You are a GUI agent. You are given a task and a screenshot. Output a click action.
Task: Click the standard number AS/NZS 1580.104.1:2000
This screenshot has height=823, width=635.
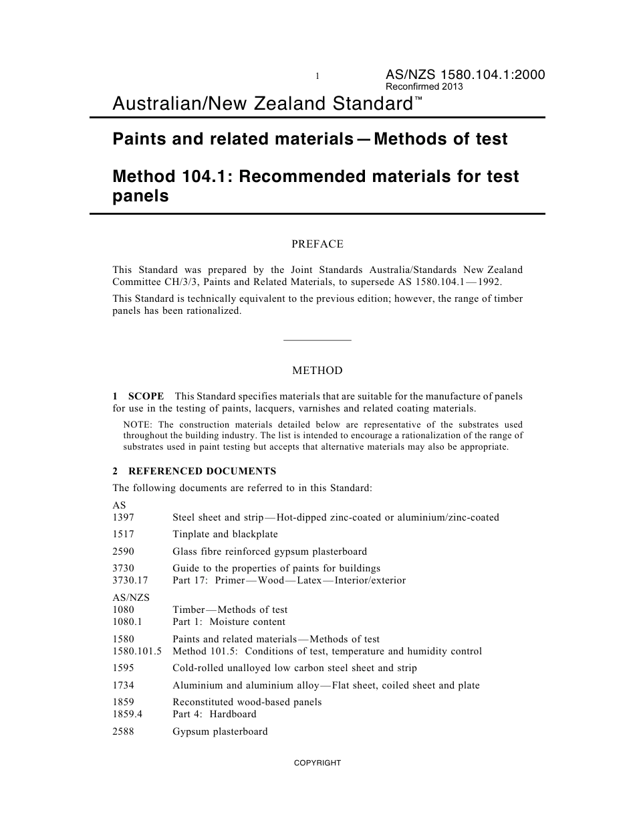click(465, 75)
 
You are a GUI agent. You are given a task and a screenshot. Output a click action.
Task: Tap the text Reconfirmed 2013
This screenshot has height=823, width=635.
click(424, 87)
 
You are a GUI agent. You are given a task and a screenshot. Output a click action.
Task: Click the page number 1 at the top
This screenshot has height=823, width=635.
click(317, 77)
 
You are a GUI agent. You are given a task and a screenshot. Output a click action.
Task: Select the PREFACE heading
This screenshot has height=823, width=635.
click(317, 244)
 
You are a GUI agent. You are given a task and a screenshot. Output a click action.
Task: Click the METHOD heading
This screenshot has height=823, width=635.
click(317, 371)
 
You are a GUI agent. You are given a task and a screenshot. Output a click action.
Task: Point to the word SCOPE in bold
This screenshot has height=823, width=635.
click(146, 396)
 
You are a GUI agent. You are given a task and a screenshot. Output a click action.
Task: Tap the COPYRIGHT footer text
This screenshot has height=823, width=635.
click(317, 763)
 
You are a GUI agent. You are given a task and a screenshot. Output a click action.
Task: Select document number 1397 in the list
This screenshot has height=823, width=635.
click(123, 517)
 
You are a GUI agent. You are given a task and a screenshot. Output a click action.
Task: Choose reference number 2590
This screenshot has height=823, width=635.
click(123, 551)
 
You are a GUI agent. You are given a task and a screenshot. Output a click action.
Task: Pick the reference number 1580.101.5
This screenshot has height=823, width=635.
click(137, 651)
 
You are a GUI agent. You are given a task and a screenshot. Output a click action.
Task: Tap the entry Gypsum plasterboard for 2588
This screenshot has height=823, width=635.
click(220, 731)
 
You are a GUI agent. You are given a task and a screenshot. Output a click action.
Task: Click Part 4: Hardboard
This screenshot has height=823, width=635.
click(214, 714)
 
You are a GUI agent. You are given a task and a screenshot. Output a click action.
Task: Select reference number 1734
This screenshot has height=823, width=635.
click(123, 685)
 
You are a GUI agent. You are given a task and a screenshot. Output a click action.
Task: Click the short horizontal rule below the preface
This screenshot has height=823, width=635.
click(317, 341)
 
